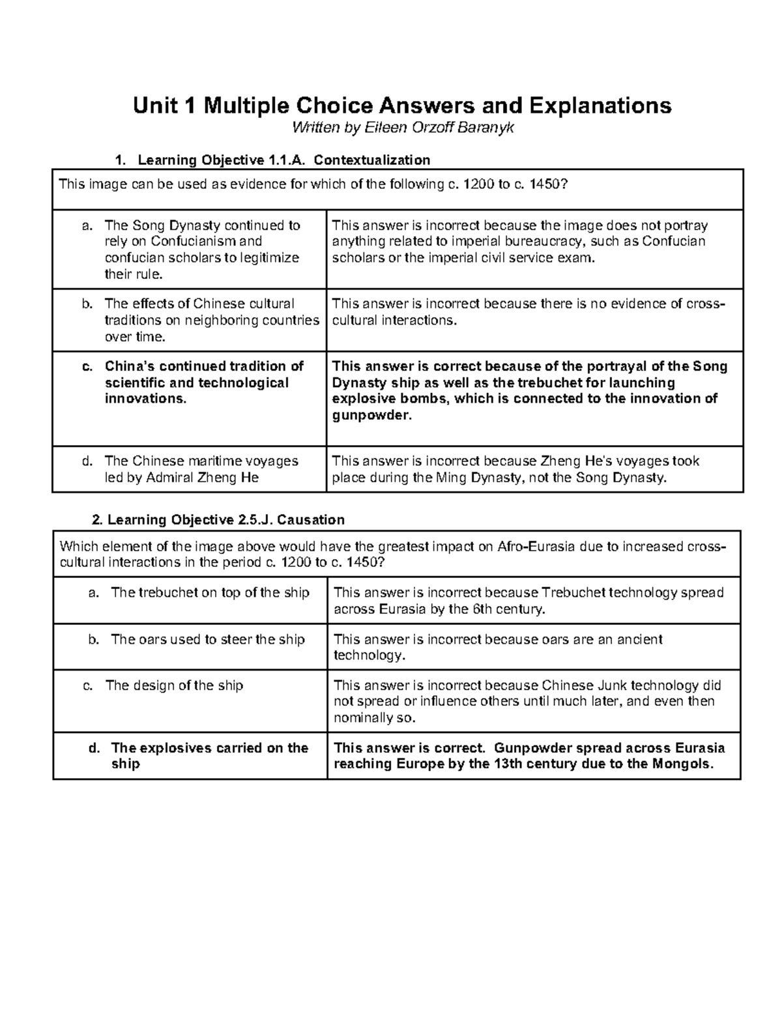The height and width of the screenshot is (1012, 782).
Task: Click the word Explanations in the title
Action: (600, 105)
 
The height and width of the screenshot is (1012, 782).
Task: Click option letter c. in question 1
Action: (87, 366)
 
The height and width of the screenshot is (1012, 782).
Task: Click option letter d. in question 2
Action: (93, 748)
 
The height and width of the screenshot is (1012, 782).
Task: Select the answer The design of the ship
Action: (174, 686)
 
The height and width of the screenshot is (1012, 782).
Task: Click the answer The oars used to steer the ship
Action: (207, 639)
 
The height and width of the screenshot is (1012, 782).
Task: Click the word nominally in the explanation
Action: (366, 718)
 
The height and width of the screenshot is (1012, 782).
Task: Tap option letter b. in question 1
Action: (87, 304)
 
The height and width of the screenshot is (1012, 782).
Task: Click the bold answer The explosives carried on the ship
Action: (209, 756)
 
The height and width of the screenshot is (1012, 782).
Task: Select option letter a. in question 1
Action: (87, 225)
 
